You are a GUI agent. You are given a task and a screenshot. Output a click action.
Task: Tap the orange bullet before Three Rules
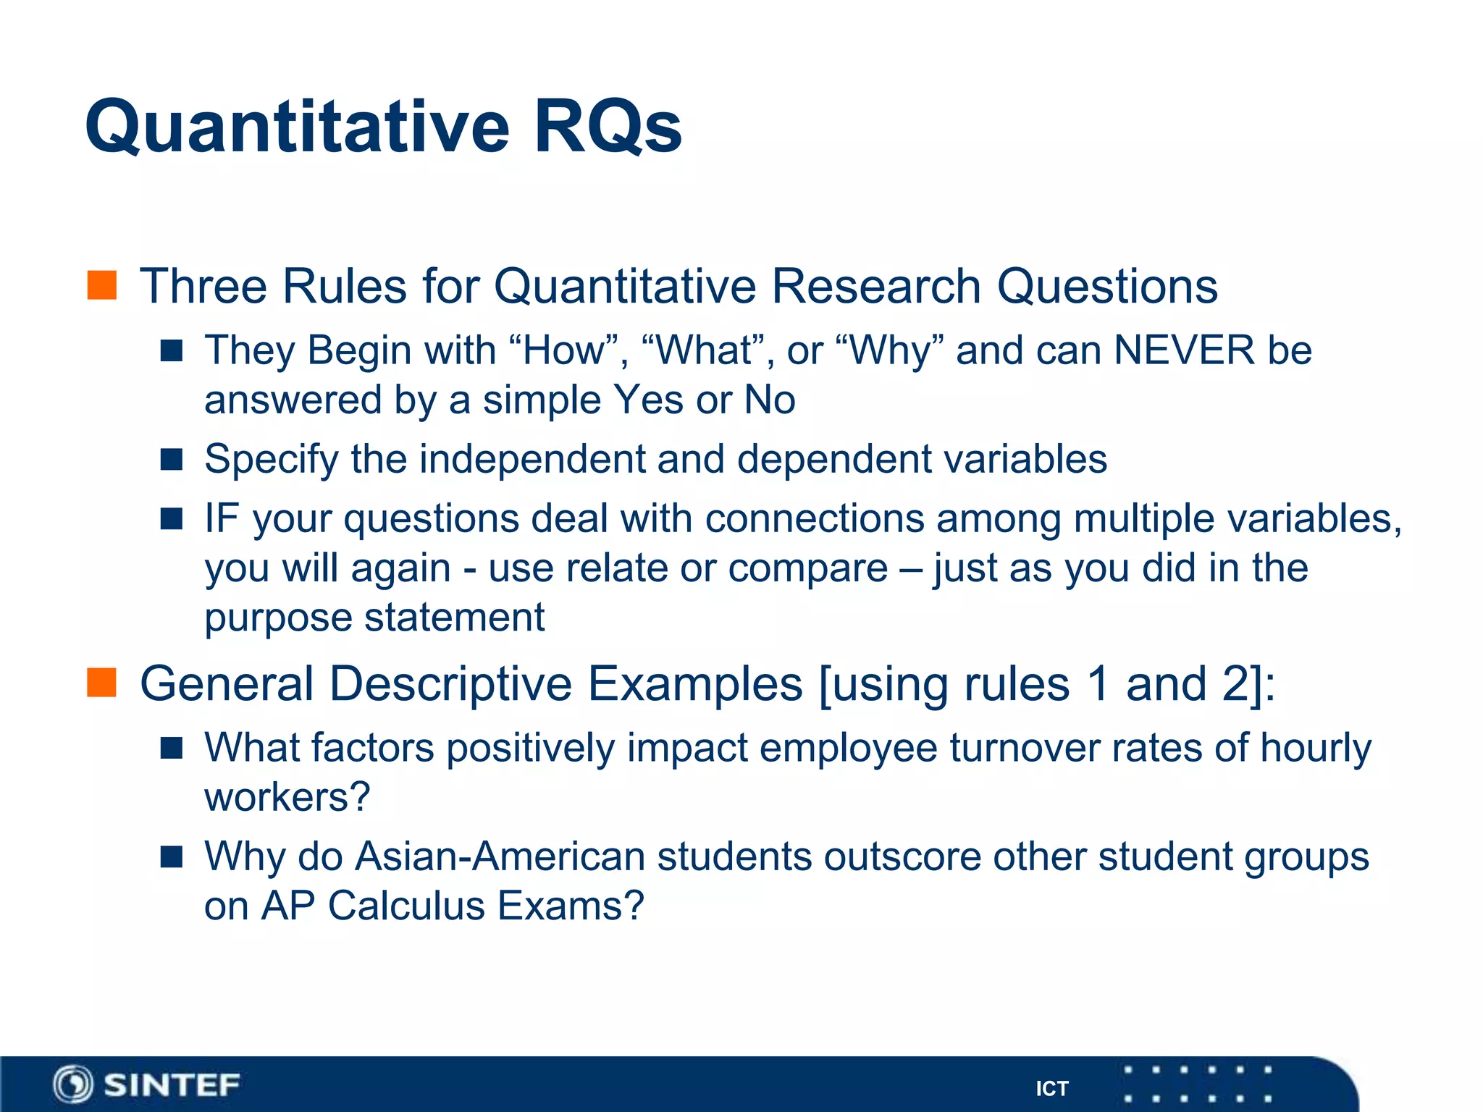pyautogui.click(x=102, y=285)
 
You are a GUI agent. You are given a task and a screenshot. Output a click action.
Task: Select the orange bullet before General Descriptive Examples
pyautogui.click(x=102, y=683)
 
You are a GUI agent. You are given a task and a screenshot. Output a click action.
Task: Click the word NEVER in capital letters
pyautogui.click(x=1184, y=350)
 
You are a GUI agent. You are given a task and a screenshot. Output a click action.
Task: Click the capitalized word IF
pyautogui.click(x=222, y=518)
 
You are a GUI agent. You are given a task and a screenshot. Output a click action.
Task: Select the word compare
pyautogui.click(x=807, y=568)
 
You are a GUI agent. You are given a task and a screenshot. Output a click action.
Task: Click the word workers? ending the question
pyautogui.click(x=287, y=797)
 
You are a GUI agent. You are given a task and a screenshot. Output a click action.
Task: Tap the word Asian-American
pyautogui.click(x=500, y=856)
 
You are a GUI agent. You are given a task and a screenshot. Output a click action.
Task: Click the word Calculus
pyautogui.click(x=406, y=906)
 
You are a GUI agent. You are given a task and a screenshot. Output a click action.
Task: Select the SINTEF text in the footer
pyautogui.click(x=172, y=1084)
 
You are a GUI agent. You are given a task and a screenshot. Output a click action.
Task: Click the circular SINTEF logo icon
pyautogui.click(x=73, y=1084)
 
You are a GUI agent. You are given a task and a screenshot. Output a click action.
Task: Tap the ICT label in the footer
pyautogui.click(x=1051, y=1089)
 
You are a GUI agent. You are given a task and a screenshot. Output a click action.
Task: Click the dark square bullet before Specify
pyautogui.click(x=172, y=459)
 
